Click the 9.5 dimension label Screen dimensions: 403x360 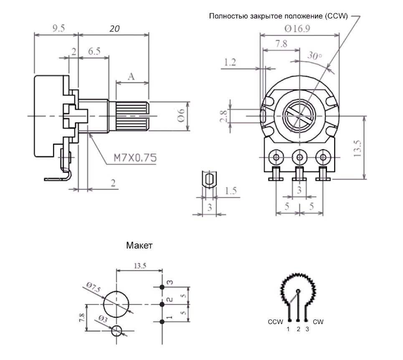click(x=58, y=28)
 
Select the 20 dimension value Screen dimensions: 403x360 click(x=114, y=28)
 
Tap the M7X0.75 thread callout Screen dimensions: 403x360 click(x=135, y=158)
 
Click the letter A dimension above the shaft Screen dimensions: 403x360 click(x=131, y=76)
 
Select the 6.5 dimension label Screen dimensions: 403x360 click(x=94, y=51)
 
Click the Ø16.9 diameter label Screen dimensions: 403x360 click(x=297, y=28)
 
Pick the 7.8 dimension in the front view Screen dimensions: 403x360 click(x=281, y=44)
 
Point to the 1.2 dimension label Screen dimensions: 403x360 click(x=230, y=62)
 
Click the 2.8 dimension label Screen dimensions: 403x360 click(x=224, y=116)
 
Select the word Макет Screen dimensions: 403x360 click(x=139, y=246)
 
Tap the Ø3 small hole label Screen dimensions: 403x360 click(x=103, y=319)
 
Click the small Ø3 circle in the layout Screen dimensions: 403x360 click(x=117, y=330)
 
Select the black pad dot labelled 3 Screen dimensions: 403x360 click(x=162, y=287)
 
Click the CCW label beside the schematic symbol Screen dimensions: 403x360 click(x=275, y=322)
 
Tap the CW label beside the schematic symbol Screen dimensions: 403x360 click(x=318, y=322)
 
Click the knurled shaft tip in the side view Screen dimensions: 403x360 click(x=132, y=116)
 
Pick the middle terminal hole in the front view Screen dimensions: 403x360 click(x=300, y=157)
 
